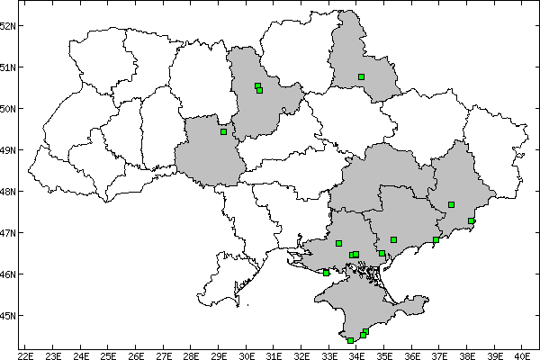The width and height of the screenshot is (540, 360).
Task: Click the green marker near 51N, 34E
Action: point(361,77)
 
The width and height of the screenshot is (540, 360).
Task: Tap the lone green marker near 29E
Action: point(223,132)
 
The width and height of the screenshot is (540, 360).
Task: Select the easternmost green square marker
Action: point(472,220)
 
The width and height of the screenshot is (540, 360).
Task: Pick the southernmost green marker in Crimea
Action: point(350,340)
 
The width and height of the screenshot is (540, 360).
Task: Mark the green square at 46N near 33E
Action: point(326,273)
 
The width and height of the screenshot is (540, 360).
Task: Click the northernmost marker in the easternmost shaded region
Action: point(451,205)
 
